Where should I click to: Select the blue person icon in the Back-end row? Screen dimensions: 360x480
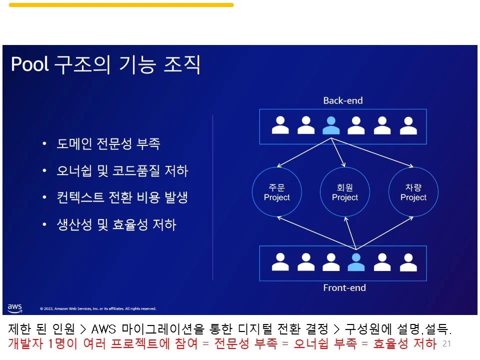(330, 125)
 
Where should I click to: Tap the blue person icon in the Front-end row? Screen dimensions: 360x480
(356, 262)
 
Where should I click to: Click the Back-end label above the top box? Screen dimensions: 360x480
(342, 100)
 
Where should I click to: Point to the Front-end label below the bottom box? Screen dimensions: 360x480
(344, 288)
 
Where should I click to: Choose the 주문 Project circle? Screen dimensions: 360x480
(276, 192)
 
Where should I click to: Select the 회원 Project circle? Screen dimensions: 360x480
(345, 192)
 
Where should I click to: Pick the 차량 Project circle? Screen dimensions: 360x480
(413, 192)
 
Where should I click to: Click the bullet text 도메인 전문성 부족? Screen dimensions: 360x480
(108, 144)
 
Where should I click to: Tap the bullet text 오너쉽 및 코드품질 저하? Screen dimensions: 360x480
(122, 171)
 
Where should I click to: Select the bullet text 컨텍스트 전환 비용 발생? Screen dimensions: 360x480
(122, 197)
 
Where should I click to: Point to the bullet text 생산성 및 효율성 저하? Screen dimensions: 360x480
(116, 224)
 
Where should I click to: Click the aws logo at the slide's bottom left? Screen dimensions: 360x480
(15, 307)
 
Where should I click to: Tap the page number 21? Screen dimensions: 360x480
(446, 343)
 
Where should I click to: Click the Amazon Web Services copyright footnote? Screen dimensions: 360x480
(98, 308)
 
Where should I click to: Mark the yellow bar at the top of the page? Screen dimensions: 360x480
(121, 5)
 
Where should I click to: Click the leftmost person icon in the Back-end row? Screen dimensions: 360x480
(280, 125)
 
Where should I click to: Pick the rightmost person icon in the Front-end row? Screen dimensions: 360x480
(408, 262)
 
